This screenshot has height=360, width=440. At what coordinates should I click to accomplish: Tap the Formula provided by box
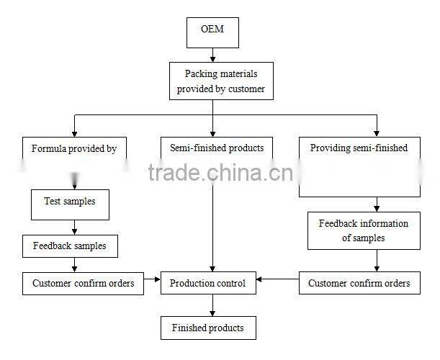coord(74,149)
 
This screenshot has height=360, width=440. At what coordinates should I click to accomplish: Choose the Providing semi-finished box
coord(359,166)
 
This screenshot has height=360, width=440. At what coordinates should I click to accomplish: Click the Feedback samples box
coord(69,246)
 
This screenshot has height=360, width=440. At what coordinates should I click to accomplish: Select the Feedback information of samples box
coord(364,230)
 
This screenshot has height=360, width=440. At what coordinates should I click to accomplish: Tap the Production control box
coord(207,283)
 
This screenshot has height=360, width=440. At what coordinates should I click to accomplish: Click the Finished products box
coord(207,328)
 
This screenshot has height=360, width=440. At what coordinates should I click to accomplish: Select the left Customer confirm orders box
coord(84,283)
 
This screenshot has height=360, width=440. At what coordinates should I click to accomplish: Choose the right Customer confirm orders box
coord(359,283)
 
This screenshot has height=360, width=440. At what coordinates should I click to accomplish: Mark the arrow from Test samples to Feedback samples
coord(72,227)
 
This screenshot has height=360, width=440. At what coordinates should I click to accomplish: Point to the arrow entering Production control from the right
coord(278,279)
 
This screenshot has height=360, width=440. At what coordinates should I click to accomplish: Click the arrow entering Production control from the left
coord(151,279)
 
